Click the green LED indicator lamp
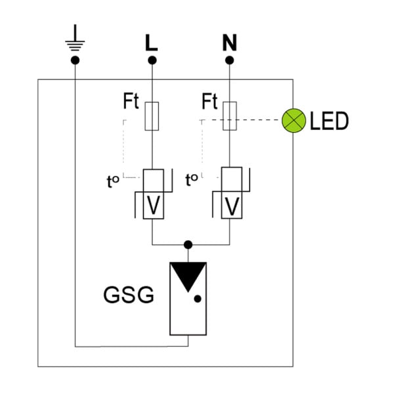coord(294,121)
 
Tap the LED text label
coord(329,121)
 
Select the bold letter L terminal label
coord(151,43)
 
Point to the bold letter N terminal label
coord(229,43)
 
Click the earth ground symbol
coord(75,37)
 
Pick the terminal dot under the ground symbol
coord(75,60)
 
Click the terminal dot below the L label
coord(152,60)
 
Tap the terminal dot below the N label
coord(229,60)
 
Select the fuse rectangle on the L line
coord(152,116)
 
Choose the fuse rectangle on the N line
coord(230,116)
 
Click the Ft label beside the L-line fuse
coord(131,101)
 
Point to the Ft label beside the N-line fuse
coord(209,101)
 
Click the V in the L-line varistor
coord(153,205)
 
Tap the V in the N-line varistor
coord(232,206)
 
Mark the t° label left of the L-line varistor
coord(113,181)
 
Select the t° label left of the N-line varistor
coord(192,180)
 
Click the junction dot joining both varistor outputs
coord(188,244)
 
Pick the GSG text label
coord(129,295)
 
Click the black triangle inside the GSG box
coord(188,274)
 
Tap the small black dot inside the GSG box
coord(198,299)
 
